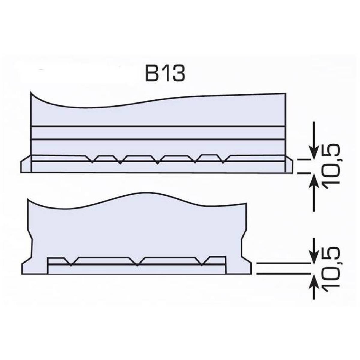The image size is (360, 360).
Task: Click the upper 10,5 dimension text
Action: tap(332, 166)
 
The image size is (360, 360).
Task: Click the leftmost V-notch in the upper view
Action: tap(92, 159)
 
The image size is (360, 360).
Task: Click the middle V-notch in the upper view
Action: tap(157, 160)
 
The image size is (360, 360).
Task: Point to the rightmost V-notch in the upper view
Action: tap(223, 159)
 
